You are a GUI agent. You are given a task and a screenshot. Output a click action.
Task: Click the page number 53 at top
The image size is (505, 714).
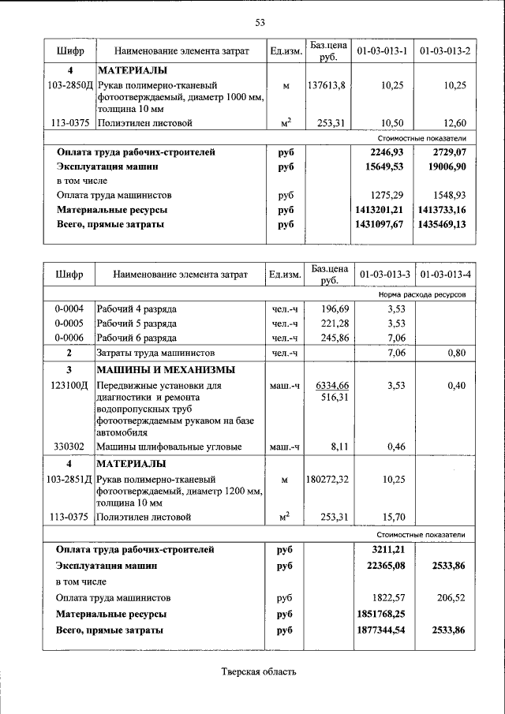(x=260, y=21)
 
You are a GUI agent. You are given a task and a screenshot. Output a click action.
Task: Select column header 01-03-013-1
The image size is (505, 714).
(x=382, y=51)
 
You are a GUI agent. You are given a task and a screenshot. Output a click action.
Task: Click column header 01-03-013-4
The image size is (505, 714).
(x=445, y=275)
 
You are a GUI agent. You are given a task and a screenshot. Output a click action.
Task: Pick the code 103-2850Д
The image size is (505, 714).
(x=69, y=84)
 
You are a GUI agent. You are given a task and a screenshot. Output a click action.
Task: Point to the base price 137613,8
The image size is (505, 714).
(x=326, y=84)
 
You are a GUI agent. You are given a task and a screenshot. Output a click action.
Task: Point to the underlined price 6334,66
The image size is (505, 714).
(x=331, y=385)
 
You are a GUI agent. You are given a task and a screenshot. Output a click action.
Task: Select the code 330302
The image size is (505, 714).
(x=69, y=447)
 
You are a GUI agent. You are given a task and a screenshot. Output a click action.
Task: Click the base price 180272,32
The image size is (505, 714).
(x=326, y=479)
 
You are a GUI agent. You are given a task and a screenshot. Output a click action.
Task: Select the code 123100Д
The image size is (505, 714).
(x=69, y=386)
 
